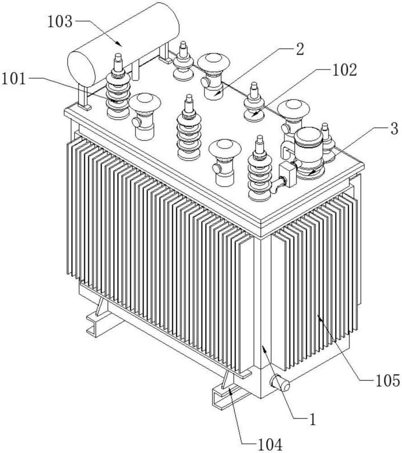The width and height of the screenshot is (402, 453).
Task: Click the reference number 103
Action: tap(60, 22)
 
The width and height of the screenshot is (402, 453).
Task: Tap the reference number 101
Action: tap(14, 78)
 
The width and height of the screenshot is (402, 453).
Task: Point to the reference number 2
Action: tap(300, 49)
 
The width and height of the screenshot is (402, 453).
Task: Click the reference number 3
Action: tap(394, 129)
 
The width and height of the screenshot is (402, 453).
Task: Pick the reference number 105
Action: tap(388, 381)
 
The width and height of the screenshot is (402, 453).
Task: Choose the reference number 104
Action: tap(270, 445)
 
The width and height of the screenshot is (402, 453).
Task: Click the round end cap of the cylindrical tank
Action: tap(81, 68)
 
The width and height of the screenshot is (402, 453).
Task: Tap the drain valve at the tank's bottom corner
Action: tap(280, 383)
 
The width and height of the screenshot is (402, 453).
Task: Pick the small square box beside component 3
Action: tap(288, 174)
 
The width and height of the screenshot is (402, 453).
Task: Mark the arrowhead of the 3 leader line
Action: tap(311, 173)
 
